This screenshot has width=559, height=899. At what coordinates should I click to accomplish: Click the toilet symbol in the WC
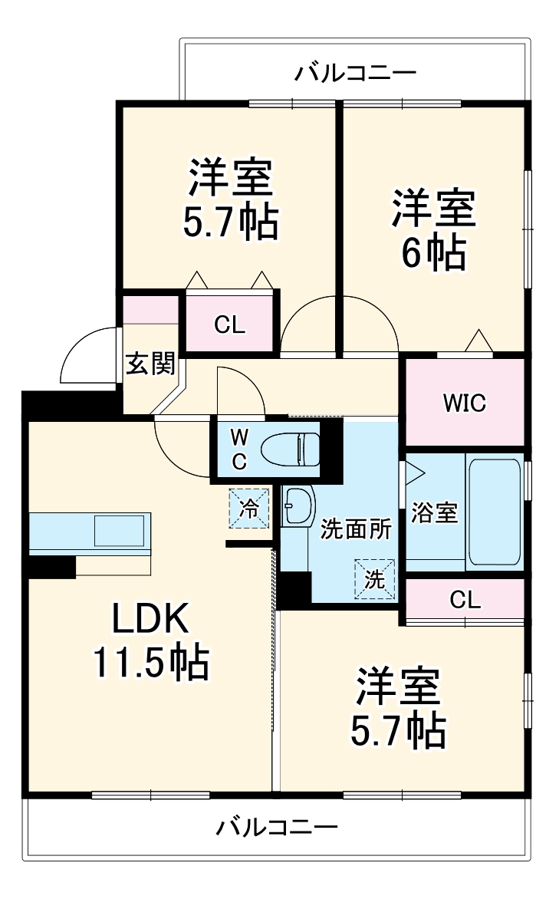(x=290, y=449)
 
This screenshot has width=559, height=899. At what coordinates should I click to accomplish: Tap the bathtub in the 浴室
(x=495, y=512)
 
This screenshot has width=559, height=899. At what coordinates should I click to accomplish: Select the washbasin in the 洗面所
(x=299, y=505)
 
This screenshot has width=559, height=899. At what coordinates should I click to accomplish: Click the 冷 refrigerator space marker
(x=249, y=507)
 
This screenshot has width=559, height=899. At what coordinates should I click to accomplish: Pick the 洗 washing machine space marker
(x=374, y=578)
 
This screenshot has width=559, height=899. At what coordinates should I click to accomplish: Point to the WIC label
(x=465, y=403)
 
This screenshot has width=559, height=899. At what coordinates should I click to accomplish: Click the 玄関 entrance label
(x=150, y=363)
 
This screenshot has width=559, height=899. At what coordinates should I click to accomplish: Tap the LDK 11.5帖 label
(x=151, y=641)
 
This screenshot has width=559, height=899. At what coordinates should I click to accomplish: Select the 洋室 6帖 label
(x=434, y=230)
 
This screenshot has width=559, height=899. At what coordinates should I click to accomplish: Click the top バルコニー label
(x=356, y=73)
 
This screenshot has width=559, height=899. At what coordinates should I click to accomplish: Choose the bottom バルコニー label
(x=278, y=826)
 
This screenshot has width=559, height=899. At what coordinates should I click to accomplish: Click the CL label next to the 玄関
(x=229, y=325)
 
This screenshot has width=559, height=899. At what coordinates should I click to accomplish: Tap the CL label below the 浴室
(x=465, y=600)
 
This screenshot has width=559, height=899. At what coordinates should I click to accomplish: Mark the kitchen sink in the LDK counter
(x=120, y=530)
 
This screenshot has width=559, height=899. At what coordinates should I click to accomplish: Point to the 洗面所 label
(x=356, y=529)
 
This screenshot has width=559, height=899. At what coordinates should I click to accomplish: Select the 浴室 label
(x=434, y=512)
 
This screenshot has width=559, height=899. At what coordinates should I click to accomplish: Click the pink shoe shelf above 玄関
(x=151, y=310)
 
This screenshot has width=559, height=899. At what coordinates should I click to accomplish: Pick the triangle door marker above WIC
(x=478, y=341)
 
